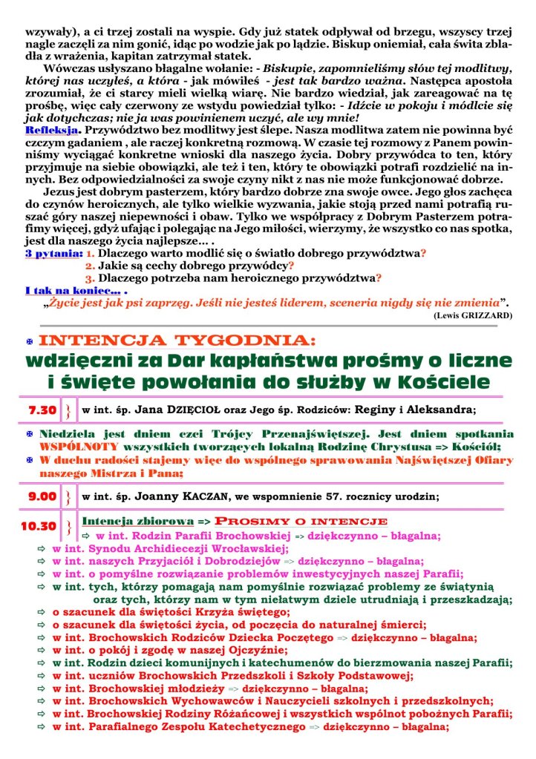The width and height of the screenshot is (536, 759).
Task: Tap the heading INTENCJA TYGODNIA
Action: (177, 341)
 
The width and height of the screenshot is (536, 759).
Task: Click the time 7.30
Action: (42, 410)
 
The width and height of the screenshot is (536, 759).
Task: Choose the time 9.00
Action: (42, 496)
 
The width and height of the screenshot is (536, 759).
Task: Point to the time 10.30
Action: (39, 526)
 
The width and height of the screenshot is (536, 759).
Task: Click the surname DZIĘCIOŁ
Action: (192, 409)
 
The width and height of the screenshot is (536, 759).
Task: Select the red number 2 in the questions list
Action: (89, 266)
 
